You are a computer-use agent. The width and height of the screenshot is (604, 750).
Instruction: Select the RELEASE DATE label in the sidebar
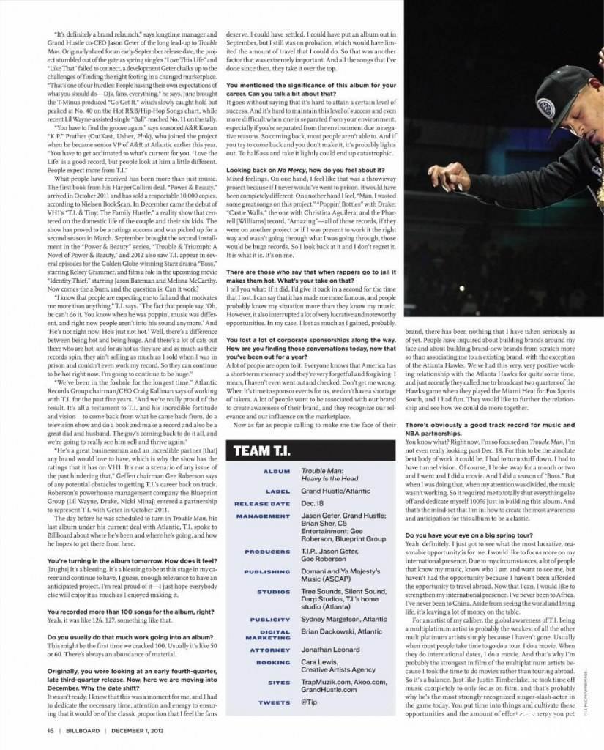coord(262,504)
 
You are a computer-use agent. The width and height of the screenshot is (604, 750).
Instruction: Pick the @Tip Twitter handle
coord(310,702)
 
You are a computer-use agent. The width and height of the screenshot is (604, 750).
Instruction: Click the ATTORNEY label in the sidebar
coord(270,650)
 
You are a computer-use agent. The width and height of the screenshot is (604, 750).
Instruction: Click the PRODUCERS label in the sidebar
coord(267,552)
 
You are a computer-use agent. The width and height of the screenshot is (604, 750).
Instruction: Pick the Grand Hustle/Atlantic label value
coord(336,491)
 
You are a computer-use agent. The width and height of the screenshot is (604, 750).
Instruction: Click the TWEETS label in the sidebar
coord(274,702)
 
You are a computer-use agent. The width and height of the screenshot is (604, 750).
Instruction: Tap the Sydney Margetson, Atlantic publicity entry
coord(344,620)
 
